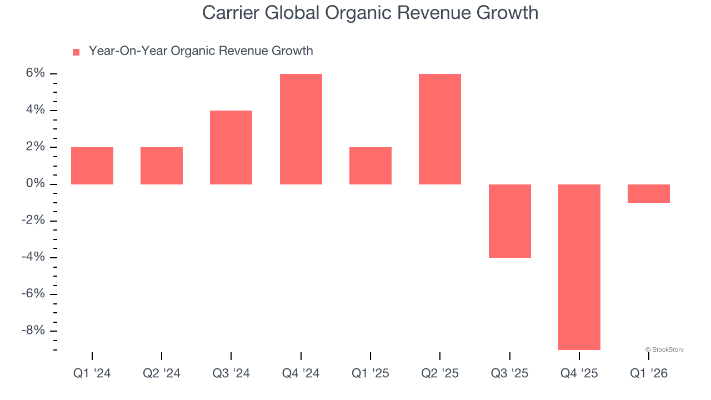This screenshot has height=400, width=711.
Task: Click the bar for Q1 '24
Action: [x=92, y=166]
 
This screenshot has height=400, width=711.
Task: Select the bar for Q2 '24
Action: [x=162, y=166]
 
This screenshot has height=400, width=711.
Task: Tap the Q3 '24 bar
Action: [x=231, y=147]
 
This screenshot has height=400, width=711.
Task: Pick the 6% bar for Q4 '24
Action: [x=301, y=129]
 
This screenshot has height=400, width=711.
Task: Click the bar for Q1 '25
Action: [x=370, y=166]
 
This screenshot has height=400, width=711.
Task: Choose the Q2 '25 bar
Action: [x=440, y=129]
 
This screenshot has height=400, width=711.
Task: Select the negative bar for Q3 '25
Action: [x=509, y=221]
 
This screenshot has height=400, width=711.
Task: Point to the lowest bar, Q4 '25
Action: [x=579, y=267]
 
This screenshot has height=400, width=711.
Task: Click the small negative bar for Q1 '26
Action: [x=649, y=193]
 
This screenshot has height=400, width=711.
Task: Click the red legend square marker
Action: [x=76, y=52]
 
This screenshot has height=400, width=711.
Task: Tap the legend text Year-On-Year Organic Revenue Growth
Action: [x=201, y=51]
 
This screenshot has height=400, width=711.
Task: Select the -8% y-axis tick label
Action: [x=33, y=331]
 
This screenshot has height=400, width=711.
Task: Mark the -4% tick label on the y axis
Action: [x=33, y=257]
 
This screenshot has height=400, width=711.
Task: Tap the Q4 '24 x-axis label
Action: [x=301, y=373]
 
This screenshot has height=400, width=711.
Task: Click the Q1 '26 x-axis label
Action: [x=649, y=373]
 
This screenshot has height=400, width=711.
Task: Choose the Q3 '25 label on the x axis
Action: [x=509, y=373]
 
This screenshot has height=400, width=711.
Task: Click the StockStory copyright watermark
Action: [x=664, y=349]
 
